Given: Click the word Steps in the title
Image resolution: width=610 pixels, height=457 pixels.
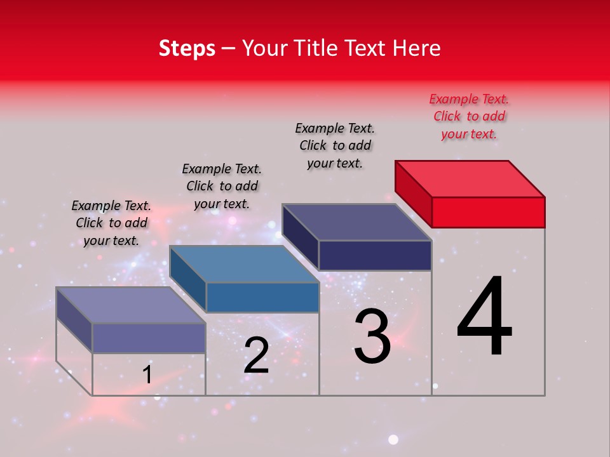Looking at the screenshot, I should pos(187,49).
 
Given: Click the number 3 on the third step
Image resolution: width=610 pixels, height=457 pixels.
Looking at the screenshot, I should pos(372,336).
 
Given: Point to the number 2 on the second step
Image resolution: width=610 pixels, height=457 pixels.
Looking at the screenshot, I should pos(256,355).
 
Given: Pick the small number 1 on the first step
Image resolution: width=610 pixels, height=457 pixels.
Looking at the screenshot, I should pos(147,375).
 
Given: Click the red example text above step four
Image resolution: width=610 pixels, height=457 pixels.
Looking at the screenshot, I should pos(469,116).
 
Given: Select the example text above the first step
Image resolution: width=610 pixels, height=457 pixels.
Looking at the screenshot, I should pos(111,223).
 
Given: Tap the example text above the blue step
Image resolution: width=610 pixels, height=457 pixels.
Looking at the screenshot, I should pos(222,186).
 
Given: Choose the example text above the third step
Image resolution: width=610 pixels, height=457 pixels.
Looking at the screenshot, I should pos(335,145).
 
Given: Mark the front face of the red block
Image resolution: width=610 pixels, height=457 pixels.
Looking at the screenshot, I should pos(488,212).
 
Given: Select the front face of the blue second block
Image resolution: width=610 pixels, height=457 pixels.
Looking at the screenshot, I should pos(262,297).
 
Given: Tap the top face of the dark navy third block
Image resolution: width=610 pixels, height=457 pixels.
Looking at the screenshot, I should pos(356,222).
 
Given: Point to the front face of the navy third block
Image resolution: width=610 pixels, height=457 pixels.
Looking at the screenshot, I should pos(375,255).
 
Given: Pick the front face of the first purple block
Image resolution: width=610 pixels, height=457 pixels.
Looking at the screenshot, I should pos(149,338).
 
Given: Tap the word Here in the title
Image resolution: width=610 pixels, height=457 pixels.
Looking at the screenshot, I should pos(418,49).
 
